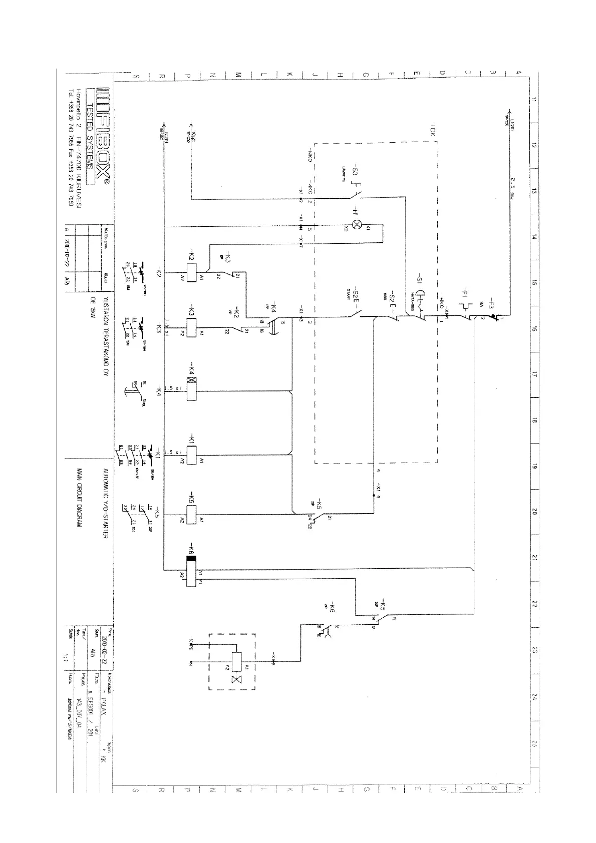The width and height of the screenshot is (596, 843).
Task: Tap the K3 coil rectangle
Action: point(191,328)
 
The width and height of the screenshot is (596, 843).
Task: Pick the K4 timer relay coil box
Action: point(191,388)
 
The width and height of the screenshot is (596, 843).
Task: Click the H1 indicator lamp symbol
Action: point(358,224)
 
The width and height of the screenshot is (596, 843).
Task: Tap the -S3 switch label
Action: point(355,169)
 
